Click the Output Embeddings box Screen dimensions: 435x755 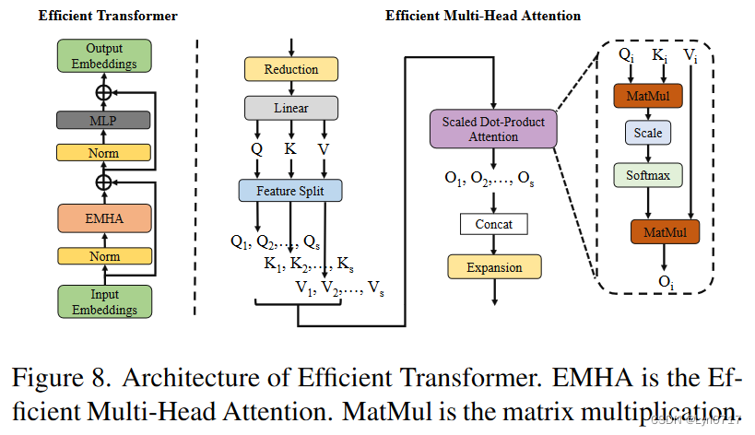(x=104, y=56)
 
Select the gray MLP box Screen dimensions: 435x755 (x=104, y=119)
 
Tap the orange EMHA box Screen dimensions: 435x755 (x=104, y=217)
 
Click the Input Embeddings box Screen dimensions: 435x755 (x=104, y=300)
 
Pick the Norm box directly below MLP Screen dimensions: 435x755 (x=104, y=153)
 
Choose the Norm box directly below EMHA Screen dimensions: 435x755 (x=104, y=255)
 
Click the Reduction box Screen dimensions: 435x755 (x=290, y=69)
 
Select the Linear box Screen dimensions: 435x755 (x=290, y=108)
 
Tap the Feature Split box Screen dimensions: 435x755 (x=290, y=191)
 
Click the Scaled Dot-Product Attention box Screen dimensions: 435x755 (x=493, y=130)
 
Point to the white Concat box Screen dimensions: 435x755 (x=493, y=224)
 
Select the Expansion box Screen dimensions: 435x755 (x=493, y=267)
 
